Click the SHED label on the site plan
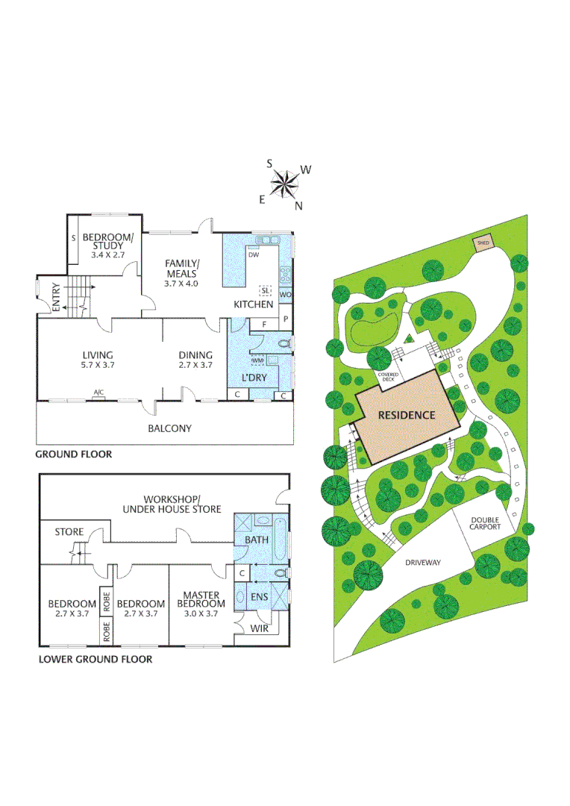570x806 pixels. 483,243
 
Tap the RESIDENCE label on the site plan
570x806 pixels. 406,415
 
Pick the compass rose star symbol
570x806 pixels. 284,184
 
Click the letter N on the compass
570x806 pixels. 298,206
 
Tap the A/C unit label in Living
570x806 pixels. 98,392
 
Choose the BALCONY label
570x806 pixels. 169,428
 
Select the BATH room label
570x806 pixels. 252,540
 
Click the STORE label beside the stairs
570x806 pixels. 69,532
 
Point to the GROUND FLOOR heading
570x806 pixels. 74,454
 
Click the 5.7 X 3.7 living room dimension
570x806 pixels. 97,366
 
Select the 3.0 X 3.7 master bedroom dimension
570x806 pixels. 201,613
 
